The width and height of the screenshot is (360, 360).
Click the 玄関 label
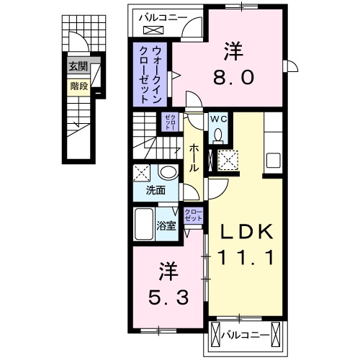point(77,67)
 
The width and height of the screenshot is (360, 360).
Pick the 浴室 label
point(166,225)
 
